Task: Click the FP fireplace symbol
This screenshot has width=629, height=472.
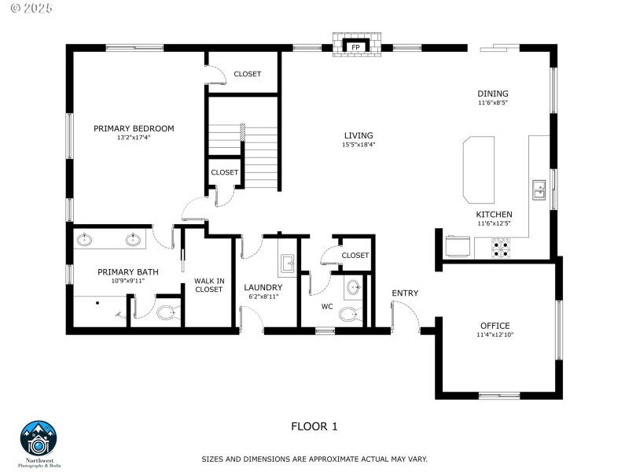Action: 355,47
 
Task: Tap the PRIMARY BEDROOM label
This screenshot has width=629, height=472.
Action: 134,128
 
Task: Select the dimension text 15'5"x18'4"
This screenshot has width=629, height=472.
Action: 358,145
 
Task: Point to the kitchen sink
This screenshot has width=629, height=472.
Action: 540,190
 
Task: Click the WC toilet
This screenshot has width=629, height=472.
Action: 348,314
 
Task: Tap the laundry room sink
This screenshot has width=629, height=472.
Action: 287,264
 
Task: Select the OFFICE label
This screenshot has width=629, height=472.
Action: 495,326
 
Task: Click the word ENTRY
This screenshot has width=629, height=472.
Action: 405,293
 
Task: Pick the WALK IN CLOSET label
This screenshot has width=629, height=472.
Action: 208,285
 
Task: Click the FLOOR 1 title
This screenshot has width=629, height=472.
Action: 314,426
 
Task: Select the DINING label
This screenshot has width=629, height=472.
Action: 493,94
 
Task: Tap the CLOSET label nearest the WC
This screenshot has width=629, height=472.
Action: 355,256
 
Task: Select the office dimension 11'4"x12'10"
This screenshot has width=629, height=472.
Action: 495,335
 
